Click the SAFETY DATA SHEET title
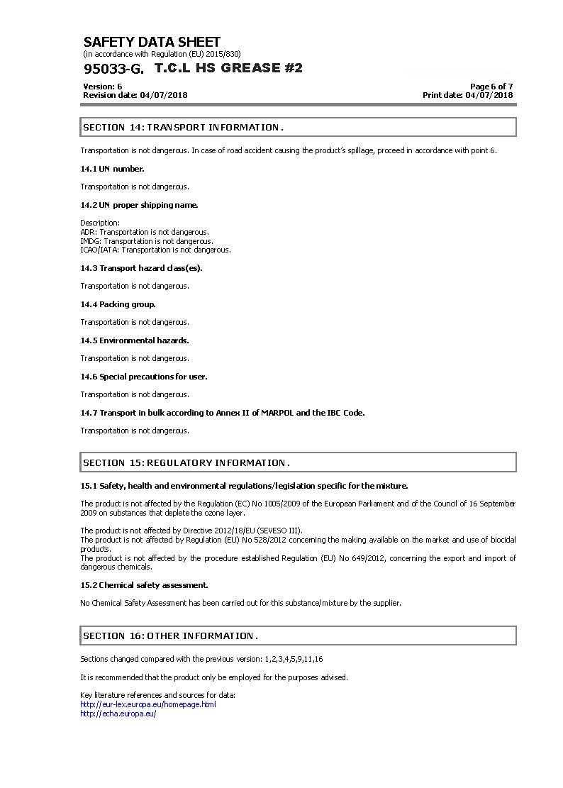click(x=152, y=42)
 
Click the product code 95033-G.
click(x=113, y=69)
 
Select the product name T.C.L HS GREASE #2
click(x=228, y=68)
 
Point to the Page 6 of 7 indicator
click(x=491, y=87)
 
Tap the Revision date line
click(x=135, y=95)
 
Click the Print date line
click(x=467, y=95)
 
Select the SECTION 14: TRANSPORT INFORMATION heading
click(x=183, y=128)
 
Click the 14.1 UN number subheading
click(x=112, y=169)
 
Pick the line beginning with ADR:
click(x=145, y=232)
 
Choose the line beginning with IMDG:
click(x=147, y=241)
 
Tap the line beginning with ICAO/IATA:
click(x=155, y=250)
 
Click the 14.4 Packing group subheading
click(x=118, y=304)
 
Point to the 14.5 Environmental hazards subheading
click(x=134, y=340)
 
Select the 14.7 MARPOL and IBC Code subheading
click(x=222, y=413)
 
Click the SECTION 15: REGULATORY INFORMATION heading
click(x=186, y=463)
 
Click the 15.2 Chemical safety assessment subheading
click(x=144, y=585)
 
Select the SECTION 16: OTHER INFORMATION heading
click(x=170, y=636)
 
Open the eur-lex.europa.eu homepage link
click(x=148, y=704)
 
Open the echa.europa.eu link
click(x=118, y=714)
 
